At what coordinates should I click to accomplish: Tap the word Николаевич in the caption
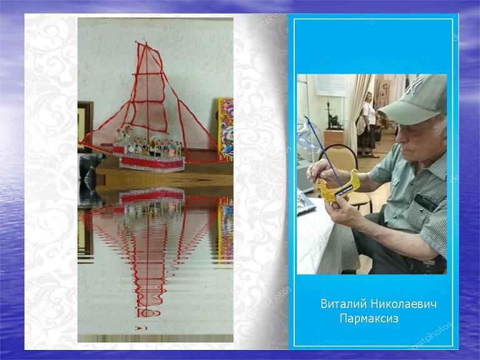[404, 304]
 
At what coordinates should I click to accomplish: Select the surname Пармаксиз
[369, 319]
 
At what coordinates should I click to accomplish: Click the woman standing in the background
[368, 124]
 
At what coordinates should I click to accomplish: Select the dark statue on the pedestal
[333, 116]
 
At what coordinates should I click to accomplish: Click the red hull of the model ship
[152, 162]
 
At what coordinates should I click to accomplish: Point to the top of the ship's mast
[146, 42]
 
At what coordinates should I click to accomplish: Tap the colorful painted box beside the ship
[226, 129]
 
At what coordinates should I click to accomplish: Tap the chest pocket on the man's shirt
[426, 202]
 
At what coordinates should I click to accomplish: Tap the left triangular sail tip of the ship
[81, 143]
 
